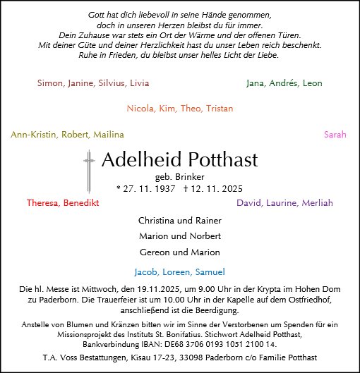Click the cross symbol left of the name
[89, 171]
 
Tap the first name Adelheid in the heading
[140, 159]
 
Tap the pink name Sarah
[335, 135]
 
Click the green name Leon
[312, 83]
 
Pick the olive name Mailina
[107, 135]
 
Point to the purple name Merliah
[317, 203]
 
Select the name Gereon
[155, 252]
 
